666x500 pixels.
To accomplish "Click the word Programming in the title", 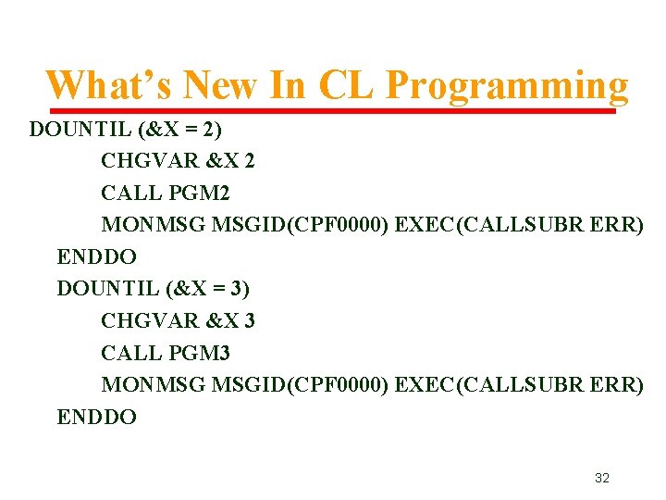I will click(x=507, y=86).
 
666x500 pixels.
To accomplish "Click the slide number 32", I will click(x=602, y=478).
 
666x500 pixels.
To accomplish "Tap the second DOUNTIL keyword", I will click(x=107, y=288).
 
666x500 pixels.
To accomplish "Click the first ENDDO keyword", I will click(x=96, y=256).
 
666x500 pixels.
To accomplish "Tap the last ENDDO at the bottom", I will click(x=96, y=417).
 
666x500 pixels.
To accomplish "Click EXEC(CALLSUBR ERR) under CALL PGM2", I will click(x=519, y=225).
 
